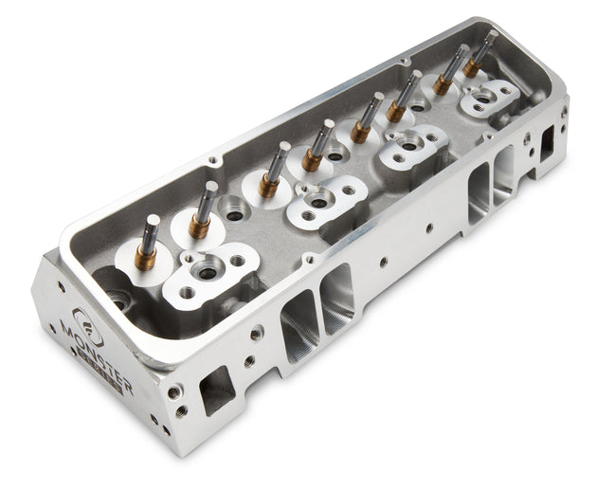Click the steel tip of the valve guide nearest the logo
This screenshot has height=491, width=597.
point(151,225)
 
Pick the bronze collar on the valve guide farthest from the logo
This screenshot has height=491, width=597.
point(472,67)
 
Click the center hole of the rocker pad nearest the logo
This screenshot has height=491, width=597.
point(206,273)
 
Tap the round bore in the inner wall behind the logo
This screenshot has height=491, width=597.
point(118,303)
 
